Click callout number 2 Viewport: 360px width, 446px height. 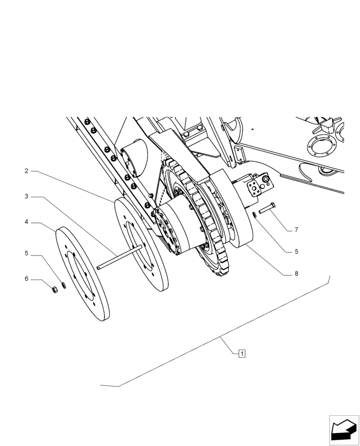(x=27, y=171)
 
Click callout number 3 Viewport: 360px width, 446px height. (x=27, y=196)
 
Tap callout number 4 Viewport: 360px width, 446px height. (x=27, y=222)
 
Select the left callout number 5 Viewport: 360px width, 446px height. (x=27, y=253)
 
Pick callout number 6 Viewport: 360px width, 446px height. (x=27, y=279)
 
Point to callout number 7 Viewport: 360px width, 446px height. (x=296, y=230)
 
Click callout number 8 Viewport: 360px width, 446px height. (x=296, y=274)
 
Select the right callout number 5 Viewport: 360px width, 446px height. (x=296, y=252)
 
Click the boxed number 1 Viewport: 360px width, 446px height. (x=241, y=354)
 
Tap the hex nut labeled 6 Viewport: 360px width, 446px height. (x=54, y=290)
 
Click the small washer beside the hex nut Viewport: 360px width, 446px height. (x=64, y=285)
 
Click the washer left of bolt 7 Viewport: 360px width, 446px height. (x=254, y=215)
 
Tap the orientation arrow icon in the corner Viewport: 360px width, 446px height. (x=344, y=430)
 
